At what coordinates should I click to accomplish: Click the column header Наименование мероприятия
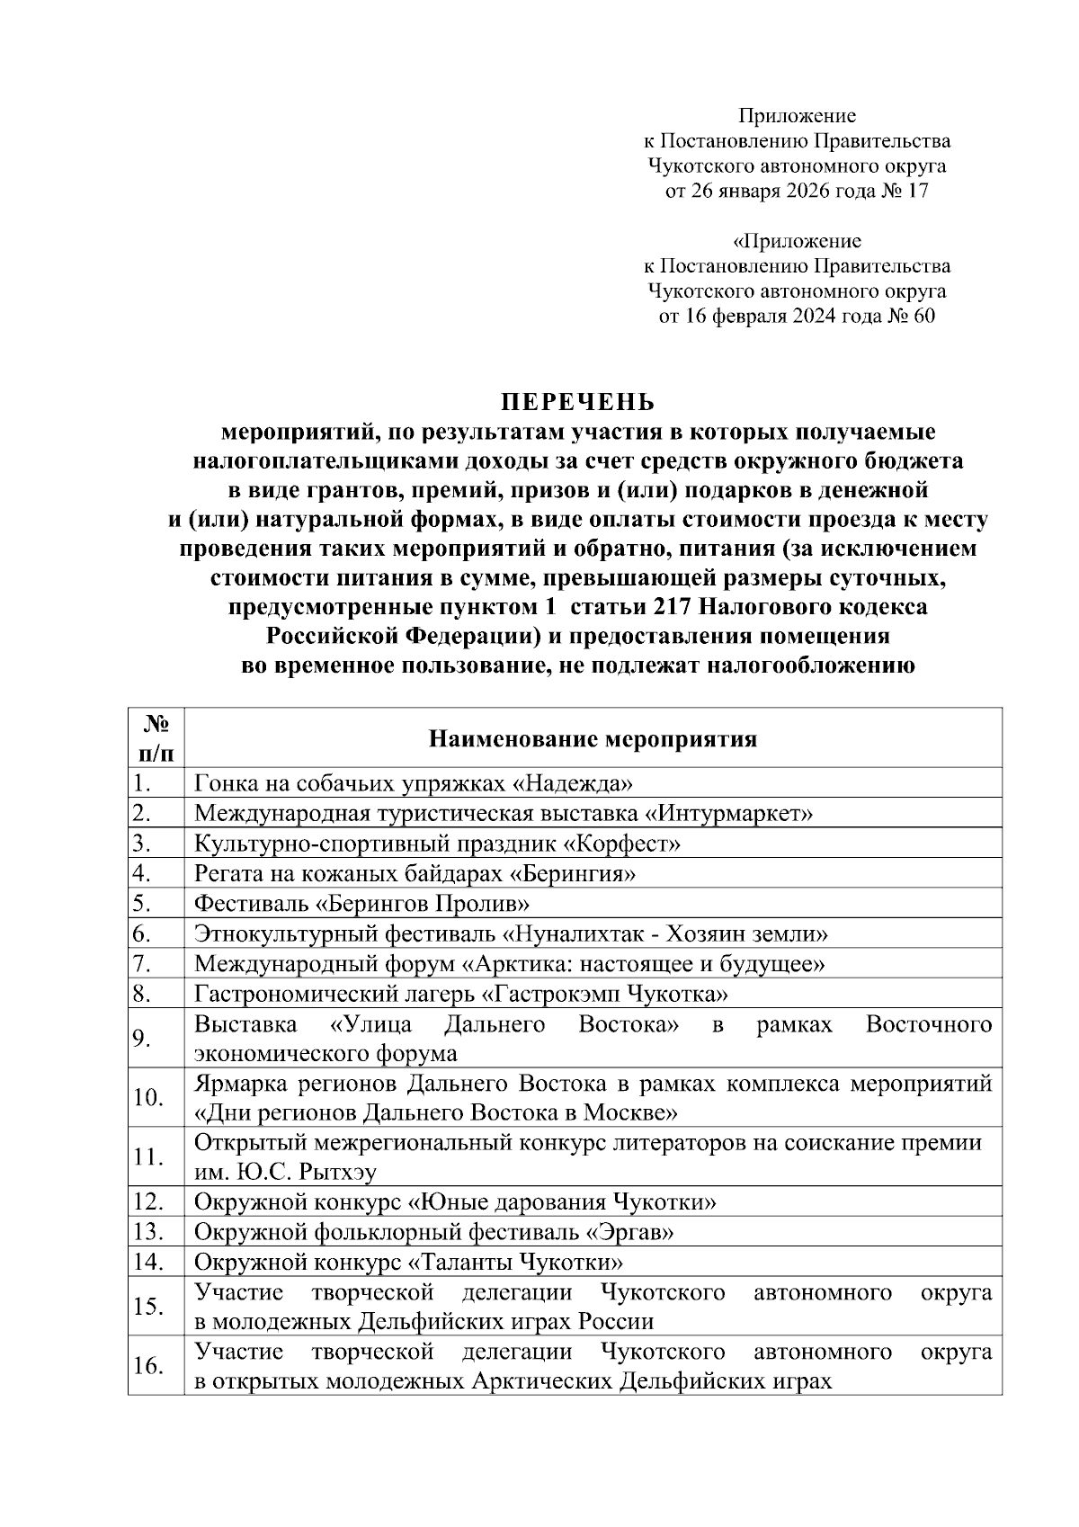(593, 739)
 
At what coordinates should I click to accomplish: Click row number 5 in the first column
(141, 904)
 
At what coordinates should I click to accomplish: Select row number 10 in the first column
(147, 1098)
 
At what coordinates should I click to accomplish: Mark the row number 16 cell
(147, 1366)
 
